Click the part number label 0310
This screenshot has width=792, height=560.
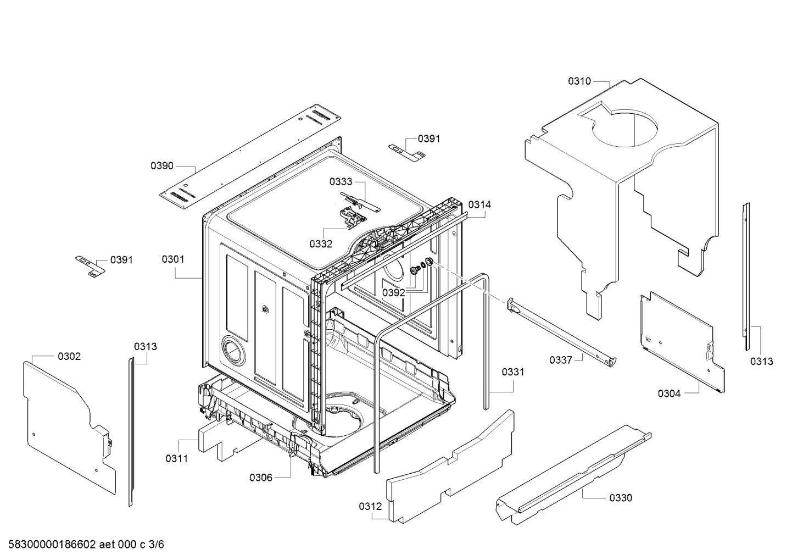(579, 81)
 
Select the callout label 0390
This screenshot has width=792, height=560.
(162, 165)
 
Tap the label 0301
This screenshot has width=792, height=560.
(173, 259)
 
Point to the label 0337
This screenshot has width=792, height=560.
(561, 360)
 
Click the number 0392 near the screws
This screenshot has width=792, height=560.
(393, 292)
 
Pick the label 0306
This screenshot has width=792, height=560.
(261, 478)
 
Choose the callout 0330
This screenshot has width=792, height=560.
(621, 498)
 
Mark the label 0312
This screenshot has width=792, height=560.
(370, 507)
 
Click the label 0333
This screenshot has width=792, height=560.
(341, 182)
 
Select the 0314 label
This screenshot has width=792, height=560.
(480, 204)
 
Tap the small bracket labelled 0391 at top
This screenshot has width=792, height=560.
(407, 152)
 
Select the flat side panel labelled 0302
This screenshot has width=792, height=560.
(70, 428)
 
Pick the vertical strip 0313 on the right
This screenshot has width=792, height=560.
(745, 276)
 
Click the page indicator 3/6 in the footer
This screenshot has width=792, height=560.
(157, 545)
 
